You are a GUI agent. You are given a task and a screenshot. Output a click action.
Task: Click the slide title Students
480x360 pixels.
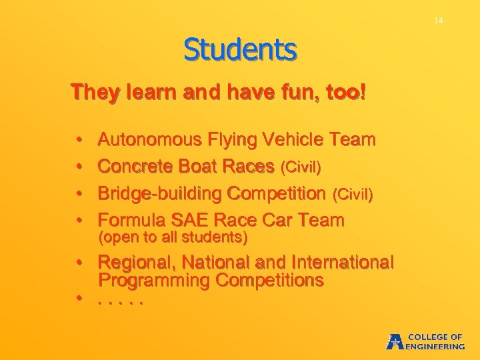point(240,49)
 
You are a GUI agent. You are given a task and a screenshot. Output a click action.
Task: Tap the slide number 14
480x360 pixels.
point(438,21)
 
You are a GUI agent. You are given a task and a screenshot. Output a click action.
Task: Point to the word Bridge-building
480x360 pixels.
point(160,193)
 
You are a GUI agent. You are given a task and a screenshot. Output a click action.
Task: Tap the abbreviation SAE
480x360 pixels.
point(188,220)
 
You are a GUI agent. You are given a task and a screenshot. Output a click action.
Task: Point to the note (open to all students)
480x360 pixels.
point(173,237)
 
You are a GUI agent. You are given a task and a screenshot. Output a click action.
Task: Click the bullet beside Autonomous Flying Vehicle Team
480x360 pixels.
point(79,141)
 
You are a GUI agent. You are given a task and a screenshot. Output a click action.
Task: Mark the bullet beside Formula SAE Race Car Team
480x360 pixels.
point(79,221)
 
